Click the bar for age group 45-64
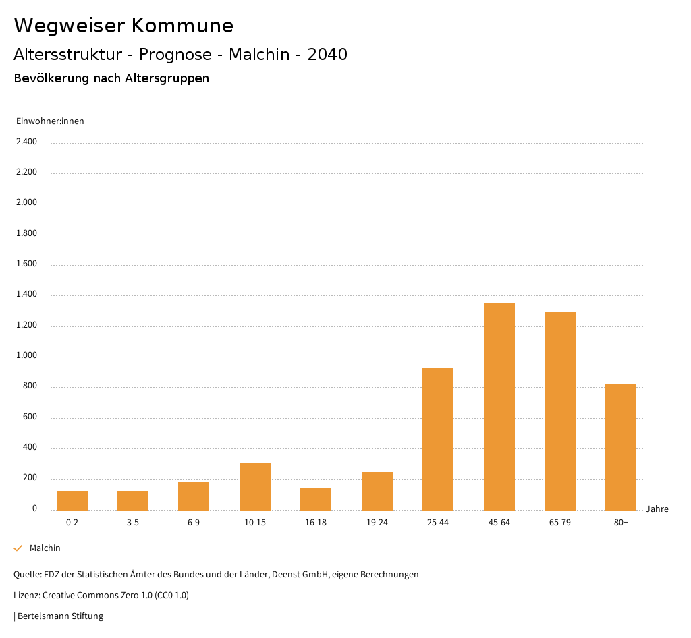point(499,406)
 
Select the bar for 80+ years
point(621,446)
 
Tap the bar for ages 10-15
point(255,486)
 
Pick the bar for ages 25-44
point(438,439)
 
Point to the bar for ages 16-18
point(316,498)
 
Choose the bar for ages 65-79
point(560,411)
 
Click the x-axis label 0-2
point(72,523)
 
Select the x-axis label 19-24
point(377,523)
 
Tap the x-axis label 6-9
point(194,523)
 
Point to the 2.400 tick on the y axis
point(26,142)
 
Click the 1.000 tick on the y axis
point(26,356)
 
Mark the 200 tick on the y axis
point(30,478)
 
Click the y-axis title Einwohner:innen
point(50,121)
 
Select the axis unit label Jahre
point(657,509)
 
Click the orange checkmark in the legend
point(18,548)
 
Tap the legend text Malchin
point(45,548)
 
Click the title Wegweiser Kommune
point(123,26)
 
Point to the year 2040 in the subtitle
point(327,55)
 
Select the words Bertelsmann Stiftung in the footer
point(60,616)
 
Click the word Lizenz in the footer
point(26,596)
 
